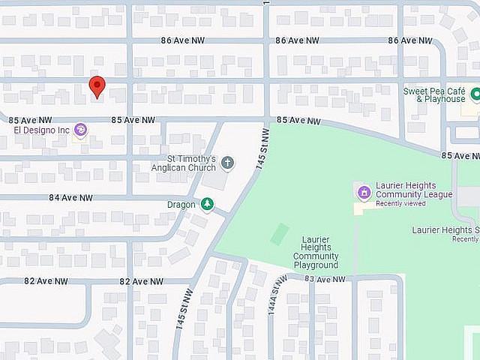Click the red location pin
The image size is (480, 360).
(x=97, y=86)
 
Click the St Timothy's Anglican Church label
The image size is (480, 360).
(x=192, y=163)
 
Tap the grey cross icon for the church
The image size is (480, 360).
(x=227, y=163)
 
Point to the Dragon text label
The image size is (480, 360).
(x=181, y=204)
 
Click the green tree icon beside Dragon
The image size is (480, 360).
(x=206, y=204)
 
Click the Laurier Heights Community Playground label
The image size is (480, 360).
(x=316, y=253)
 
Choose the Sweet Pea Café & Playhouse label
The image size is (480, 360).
(x=434, y=94)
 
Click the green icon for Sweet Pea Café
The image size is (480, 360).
(x=475, y=94)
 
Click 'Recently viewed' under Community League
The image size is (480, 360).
(x=401, y=204)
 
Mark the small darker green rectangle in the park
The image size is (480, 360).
(x=279, y=234)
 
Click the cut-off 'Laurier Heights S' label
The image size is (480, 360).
(x=445, y=229)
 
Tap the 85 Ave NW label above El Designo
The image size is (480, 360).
(x=30, y=119)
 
